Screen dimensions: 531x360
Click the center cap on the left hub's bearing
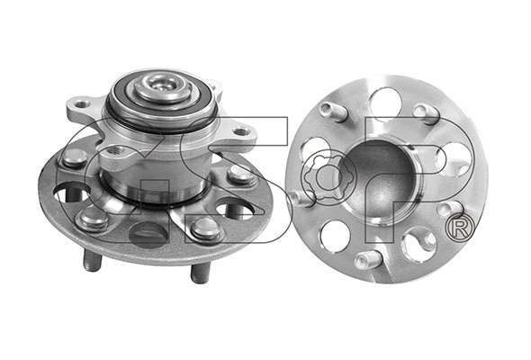(x=161, y=87)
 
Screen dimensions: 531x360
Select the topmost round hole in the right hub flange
(x=385, y=99)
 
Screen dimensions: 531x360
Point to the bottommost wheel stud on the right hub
(x=367, y=260)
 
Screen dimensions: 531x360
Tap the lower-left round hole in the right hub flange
(x=334, y=236)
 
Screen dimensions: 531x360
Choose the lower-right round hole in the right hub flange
(x=418, y=244)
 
